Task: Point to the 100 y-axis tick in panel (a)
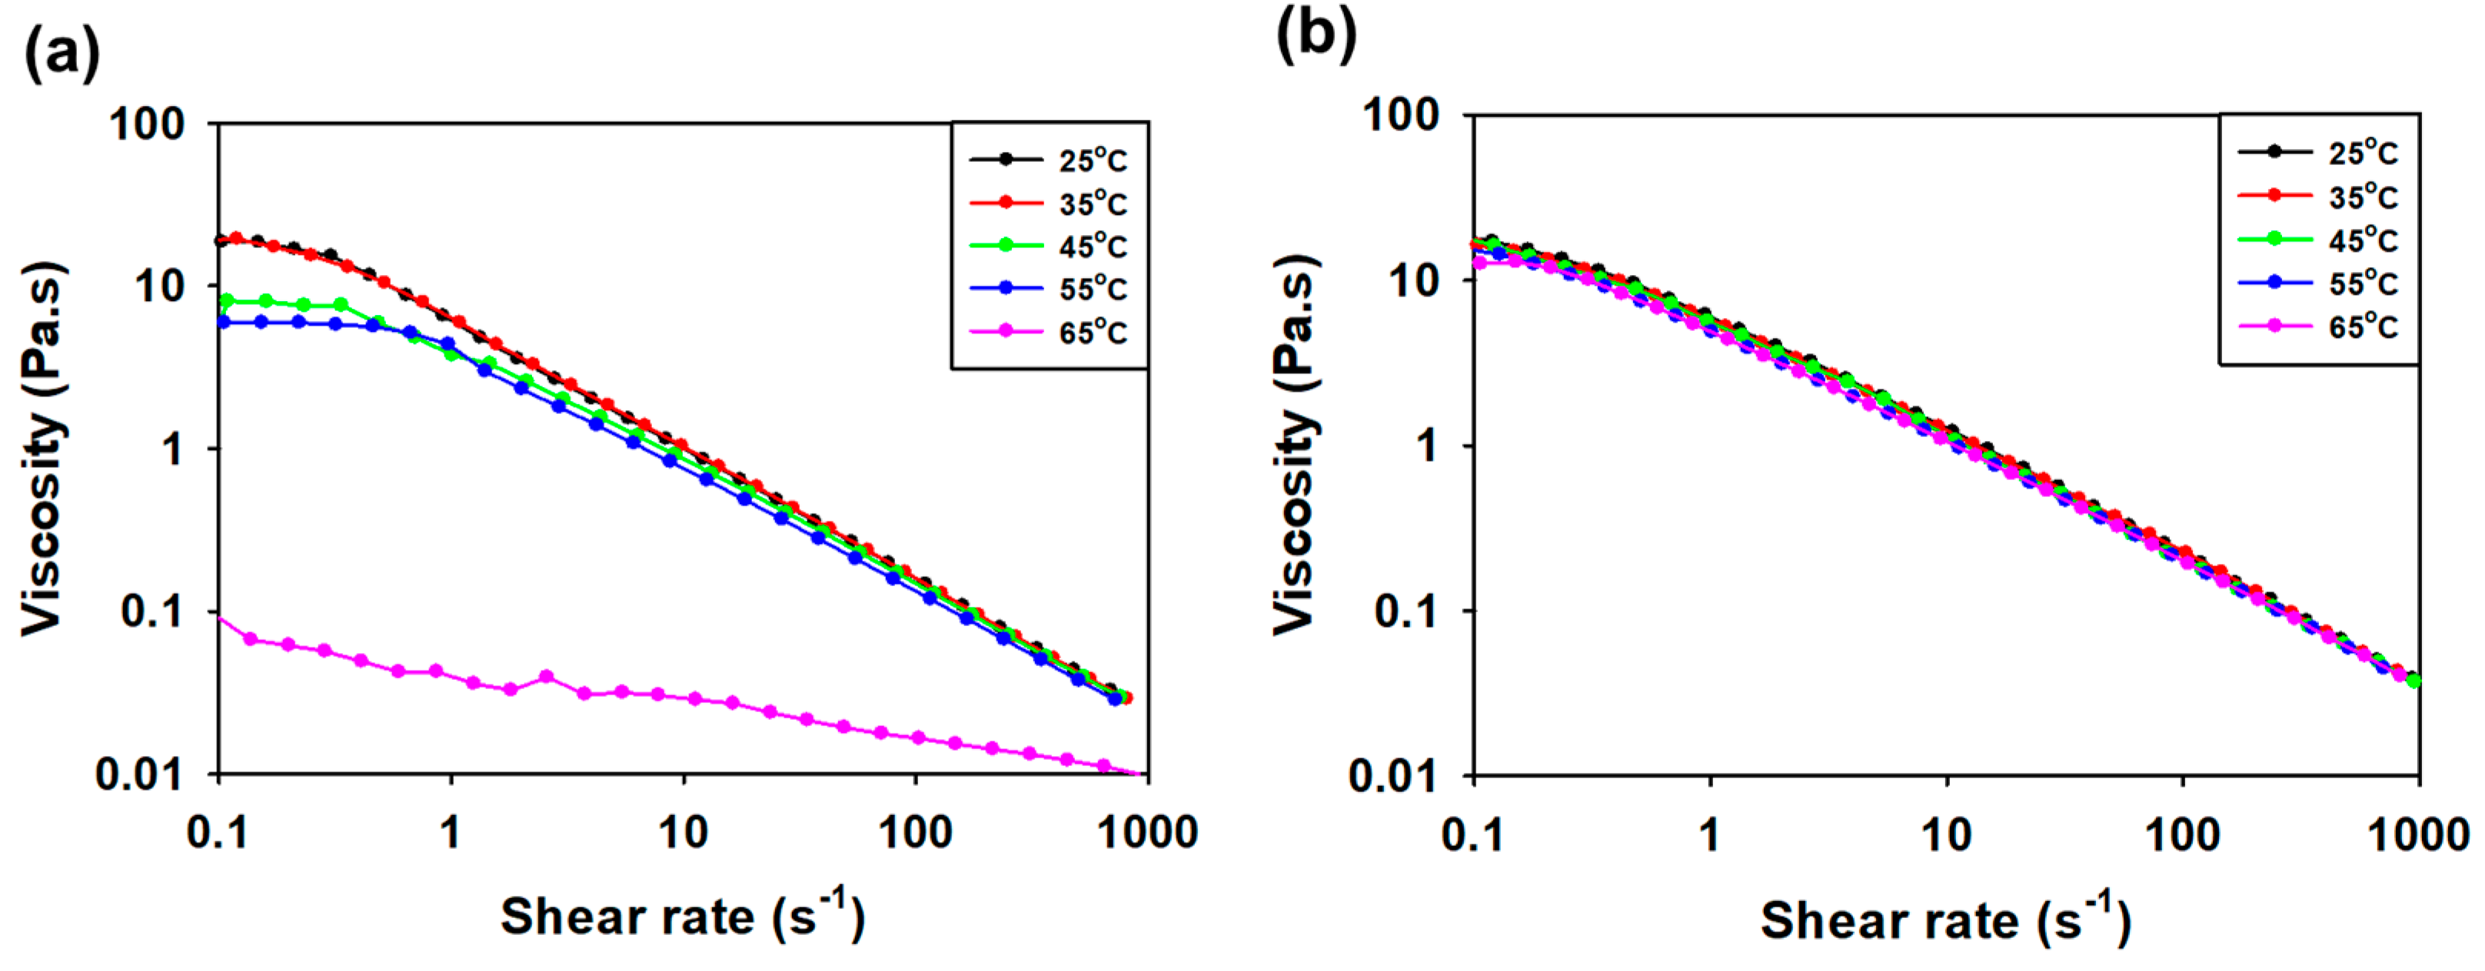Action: pos(147,124)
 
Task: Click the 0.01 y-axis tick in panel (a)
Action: pos(139,774)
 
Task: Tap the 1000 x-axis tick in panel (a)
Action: pos(1147,832)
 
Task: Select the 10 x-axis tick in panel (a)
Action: pos(683,832)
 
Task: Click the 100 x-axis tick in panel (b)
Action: pos(2182,834)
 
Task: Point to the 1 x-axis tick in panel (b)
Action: pos(1709,834)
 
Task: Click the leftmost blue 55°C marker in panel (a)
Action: pos(223,322)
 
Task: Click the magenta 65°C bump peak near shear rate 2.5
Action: pos(547,677)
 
